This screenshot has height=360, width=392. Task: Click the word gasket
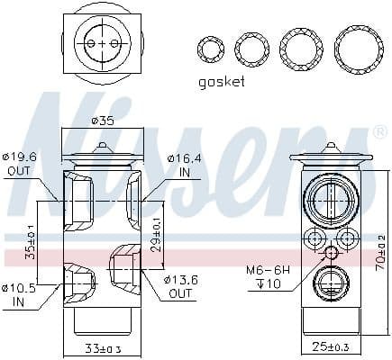222,81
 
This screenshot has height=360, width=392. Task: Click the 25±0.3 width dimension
331,347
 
